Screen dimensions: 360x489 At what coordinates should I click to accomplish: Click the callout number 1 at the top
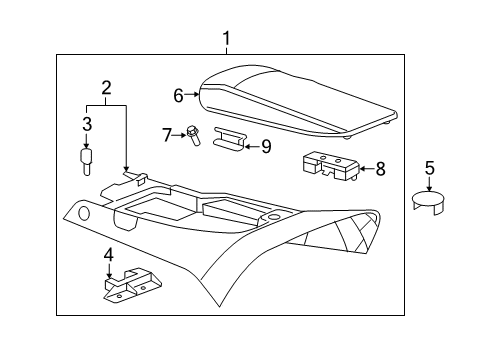pos(226,39)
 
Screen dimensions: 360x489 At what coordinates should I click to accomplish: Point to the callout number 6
pos(179,96)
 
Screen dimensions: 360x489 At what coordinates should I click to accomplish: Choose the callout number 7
pos(167,133)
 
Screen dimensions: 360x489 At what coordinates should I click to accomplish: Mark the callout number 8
pos(381,169)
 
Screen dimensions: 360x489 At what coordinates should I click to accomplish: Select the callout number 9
pos(265,146)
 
